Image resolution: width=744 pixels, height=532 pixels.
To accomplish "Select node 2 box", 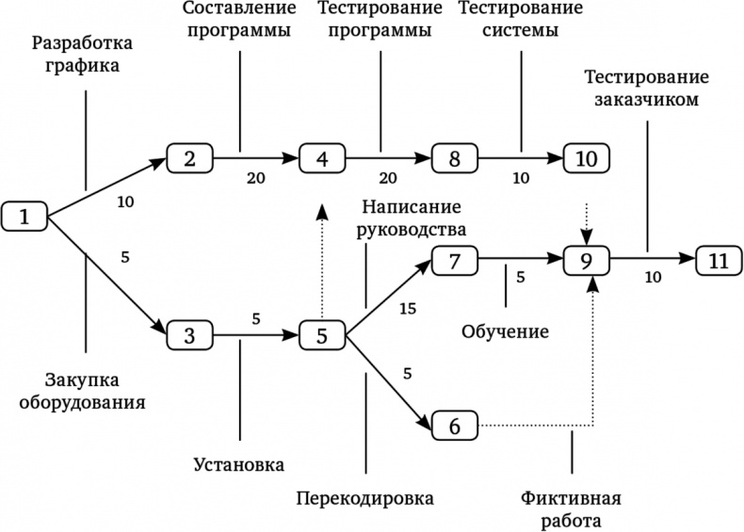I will (x=190, y=157).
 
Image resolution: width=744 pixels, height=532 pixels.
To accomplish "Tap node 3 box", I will (x=190, y=334).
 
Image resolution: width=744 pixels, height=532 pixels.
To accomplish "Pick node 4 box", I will (x=323, y=157).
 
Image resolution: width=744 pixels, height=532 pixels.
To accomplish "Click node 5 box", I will (x=323, y=334).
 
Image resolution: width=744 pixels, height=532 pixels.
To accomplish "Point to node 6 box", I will (x=455, y=426).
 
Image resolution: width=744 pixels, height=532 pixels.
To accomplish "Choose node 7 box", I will (x=455, y=261).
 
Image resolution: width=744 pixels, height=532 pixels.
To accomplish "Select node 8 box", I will (x=455, y=157).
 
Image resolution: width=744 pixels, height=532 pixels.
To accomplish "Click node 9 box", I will (x=587, y=261).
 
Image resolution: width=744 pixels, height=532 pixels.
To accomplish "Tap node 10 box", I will (x=586, y=157).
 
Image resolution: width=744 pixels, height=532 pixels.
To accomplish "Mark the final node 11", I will (x=719, y=261).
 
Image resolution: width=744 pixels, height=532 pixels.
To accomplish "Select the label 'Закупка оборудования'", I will (x=94, y=390).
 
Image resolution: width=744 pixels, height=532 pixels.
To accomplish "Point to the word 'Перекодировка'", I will (x=365, y=497).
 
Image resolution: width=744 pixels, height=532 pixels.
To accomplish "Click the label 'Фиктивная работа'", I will (x=572, y=508).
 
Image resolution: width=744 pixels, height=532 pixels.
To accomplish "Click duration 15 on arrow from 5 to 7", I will (x=407, y=308).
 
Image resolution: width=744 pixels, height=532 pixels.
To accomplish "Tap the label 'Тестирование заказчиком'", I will (x=646, y=87).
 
